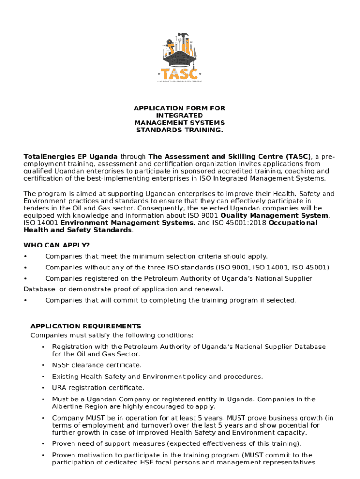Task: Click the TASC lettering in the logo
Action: [180, 74]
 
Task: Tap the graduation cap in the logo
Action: [180, 60]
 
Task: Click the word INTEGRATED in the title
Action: [180, 116]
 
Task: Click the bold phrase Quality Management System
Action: [275, 216]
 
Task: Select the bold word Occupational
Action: [293, 223]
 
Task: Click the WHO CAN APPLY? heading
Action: [57, 245]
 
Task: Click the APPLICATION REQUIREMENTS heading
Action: [86, 326]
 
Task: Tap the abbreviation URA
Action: [59, 388]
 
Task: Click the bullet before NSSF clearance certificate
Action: [43, 365]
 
